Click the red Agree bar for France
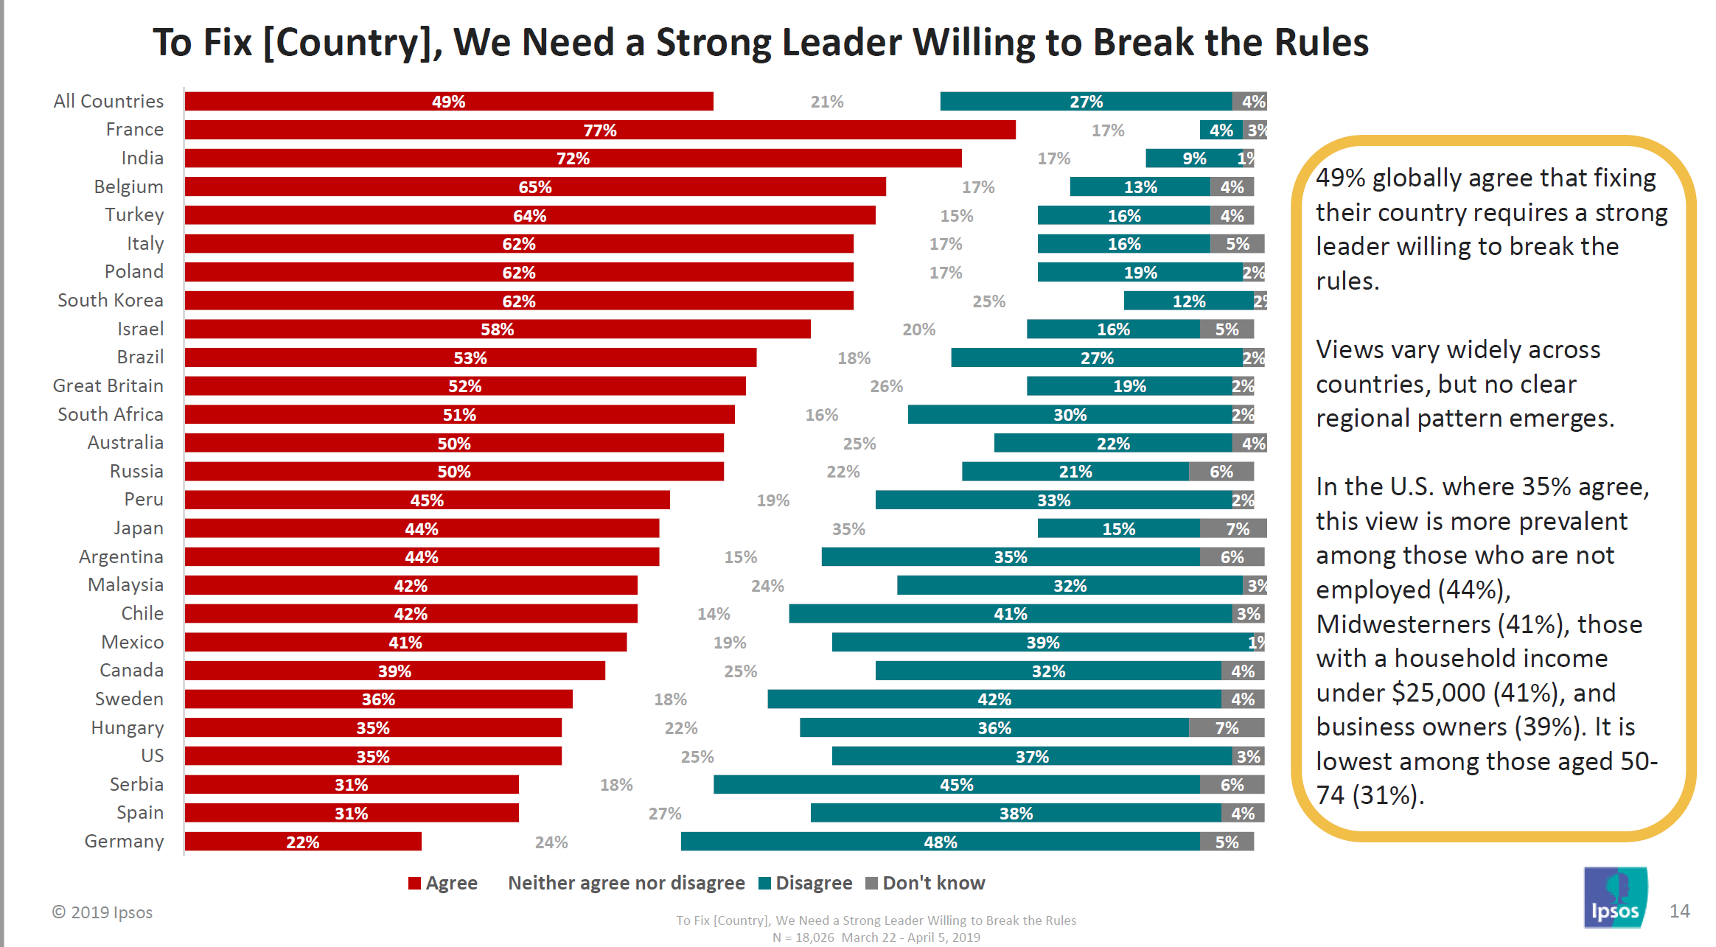point(599,130)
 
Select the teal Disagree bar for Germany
point(940,842)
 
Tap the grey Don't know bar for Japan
point(1233,528)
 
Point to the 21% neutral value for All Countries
point(826,102)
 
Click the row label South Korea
point(111,301)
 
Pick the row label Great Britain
point(108,386)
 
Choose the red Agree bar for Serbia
point(351,785)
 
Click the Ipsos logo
point(1615,898)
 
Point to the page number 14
point(1679,912)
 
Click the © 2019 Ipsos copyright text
point(102,912)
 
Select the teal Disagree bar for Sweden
point(994,699)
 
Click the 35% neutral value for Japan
point(848,529)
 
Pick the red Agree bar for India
point(573,158)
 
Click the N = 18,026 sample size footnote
point(803,937)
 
